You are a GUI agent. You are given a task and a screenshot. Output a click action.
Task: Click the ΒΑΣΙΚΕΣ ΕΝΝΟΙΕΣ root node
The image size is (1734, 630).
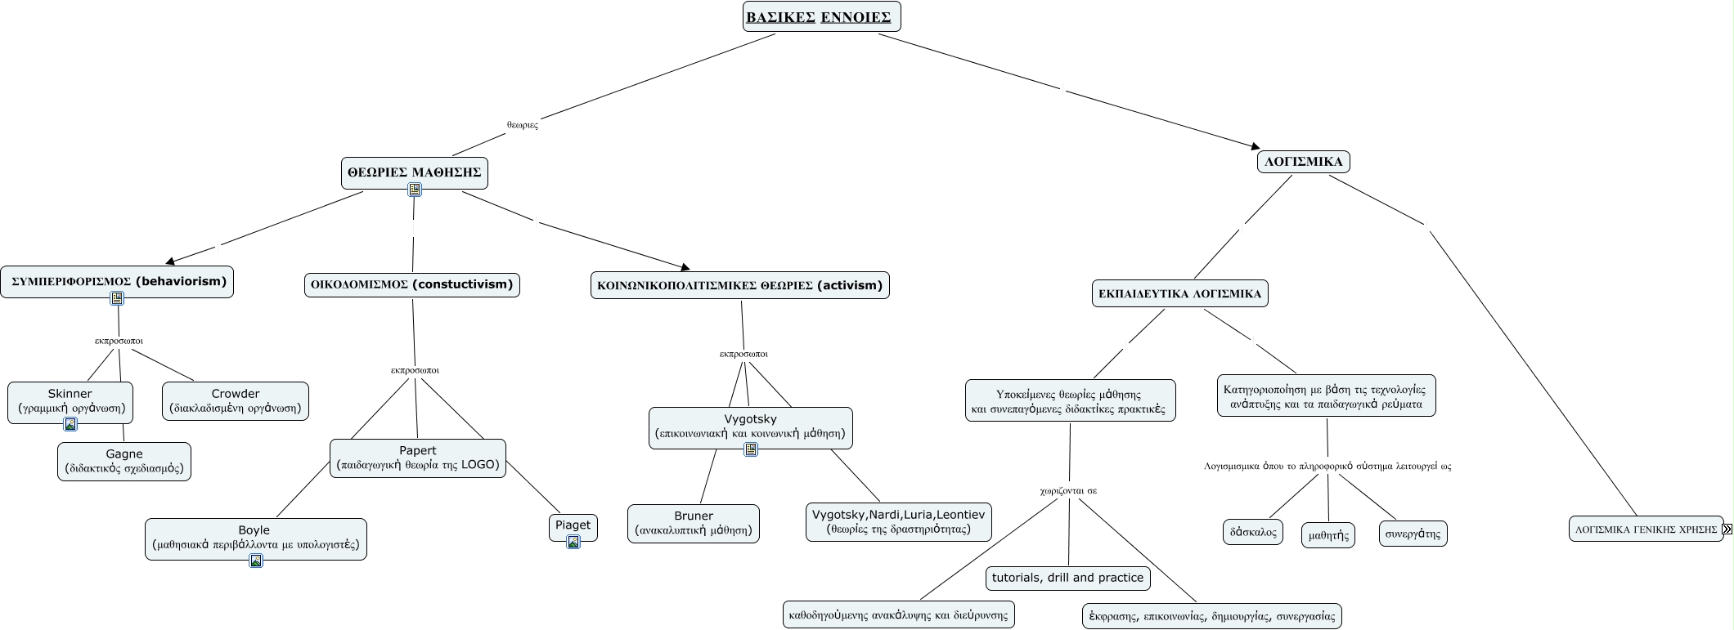[x=821, y=16]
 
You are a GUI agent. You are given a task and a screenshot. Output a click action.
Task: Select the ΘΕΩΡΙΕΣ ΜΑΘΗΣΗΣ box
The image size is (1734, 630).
[x=414, y=172]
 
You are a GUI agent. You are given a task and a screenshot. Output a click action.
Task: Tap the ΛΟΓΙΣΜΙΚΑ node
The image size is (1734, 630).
[x=1303, y=162]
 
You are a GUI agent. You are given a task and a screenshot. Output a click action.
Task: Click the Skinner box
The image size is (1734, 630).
[x=70, y=401]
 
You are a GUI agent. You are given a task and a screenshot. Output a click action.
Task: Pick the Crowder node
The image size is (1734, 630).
[x=236, y=401]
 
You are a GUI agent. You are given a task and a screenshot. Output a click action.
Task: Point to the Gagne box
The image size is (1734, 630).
[x=124, y=462]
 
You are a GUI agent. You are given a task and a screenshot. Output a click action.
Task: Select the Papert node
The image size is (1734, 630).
[x=418, y=458]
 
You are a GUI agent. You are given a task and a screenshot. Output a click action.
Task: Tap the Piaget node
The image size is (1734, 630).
[x=573, y=526]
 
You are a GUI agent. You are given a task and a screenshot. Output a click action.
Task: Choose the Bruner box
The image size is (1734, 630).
[x=694, y=523]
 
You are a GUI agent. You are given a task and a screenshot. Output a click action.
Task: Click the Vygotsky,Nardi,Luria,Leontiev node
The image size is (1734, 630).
[x=898, y=522]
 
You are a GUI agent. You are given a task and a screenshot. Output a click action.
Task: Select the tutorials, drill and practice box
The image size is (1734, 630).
[x=1067, y=578]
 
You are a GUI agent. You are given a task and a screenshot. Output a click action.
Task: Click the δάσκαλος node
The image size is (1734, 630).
[x=1253, y=532]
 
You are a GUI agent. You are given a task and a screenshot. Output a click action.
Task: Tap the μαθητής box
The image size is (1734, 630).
[x=1328, y=535]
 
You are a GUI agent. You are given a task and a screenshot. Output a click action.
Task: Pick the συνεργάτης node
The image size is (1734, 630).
[x=1413, y=534]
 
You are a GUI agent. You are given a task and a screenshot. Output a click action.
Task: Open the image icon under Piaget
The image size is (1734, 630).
[x=573, y=542]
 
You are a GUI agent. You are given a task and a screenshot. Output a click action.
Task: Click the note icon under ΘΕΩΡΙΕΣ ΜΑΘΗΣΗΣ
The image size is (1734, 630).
[x=415, y=190]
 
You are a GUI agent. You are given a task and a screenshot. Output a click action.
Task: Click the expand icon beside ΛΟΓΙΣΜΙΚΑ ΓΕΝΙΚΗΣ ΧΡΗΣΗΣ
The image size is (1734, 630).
[x=1727, y=529]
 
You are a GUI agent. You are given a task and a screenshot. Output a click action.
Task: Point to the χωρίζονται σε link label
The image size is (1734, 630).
[x=1068, y=491]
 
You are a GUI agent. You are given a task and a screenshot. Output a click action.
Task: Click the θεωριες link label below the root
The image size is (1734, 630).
[x=523, y=125]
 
